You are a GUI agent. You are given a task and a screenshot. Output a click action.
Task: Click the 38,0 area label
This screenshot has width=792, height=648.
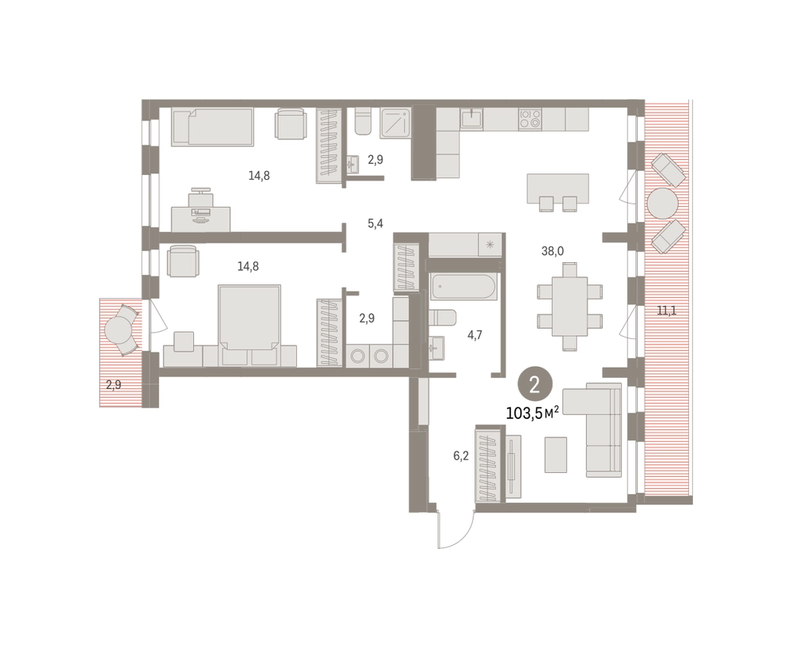pos(552,251)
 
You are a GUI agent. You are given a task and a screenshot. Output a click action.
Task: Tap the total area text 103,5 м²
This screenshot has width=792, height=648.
pos(532,414)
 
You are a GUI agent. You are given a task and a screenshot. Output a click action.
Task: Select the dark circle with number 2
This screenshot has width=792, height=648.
pos(535,384)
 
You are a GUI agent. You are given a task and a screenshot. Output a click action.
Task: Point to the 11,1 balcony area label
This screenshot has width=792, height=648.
pos(666,311)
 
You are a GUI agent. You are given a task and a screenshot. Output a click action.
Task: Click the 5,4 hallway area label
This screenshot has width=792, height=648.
pos(375,223)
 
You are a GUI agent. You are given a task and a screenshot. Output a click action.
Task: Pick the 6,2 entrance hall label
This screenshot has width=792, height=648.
pos(461,456)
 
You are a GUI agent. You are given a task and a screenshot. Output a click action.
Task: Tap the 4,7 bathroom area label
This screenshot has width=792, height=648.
pos(474,334)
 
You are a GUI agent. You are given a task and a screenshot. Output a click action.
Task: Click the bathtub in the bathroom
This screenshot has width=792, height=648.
pos(463,287)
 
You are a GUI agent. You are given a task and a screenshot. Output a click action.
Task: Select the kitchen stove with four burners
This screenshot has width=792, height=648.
pos(530,119)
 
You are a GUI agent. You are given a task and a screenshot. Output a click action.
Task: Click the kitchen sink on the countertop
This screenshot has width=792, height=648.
pos(472,119)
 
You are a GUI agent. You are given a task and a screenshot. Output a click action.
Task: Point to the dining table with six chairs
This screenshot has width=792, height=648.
pos(569,307)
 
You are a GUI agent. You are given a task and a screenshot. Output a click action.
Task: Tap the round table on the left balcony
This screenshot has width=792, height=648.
pos(120,330)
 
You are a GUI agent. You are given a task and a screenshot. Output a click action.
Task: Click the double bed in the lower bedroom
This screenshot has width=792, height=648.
pos(249,317)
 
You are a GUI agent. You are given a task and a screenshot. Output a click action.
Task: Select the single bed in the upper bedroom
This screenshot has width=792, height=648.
pos(212,128)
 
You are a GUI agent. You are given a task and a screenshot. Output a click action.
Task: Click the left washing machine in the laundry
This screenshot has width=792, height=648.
pos(358,356)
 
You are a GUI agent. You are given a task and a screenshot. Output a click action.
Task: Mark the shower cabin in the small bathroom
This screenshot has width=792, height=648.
pos(397,122)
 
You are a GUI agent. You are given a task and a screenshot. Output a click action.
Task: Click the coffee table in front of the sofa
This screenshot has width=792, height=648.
pos(556,455)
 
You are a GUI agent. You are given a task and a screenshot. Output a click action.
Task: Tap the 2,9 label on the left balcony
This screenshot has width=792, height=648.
pos(113,385)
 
